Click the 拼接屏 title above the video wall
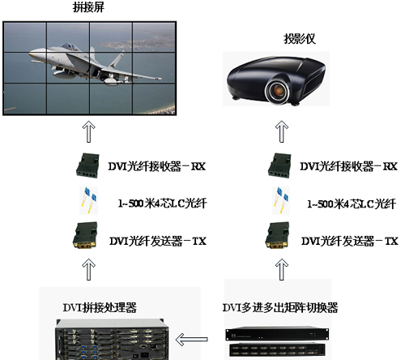(88, 7)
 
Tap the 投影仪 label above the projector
(300, 39)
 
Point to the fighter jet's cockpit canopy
(70, 46)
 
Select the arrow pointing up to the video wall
(88, 131)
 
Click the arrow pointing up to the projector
(282, 131)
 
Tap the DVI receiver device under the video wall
(87, 165)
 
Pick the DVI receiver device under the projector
(279, 165)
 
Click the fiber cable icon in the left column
(89, 200)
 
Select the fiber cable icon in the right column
(281, 200)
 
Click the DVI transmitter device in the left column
(85, 235)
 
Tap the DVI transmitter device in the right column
(278, 235)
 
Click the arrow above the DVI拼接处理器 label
(88, 269)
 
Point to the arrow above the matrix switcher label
(282, 269)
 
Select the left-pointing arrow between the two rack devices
(191, 340)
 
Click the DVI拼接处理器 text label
(100, 307)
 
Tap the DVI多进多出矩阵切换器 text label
(280, 307)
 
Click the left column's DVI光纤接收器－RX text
(157, 166)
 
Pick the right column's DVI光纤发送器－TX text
(350, 241)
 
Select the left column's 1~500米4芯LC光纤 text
(163, 204)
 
